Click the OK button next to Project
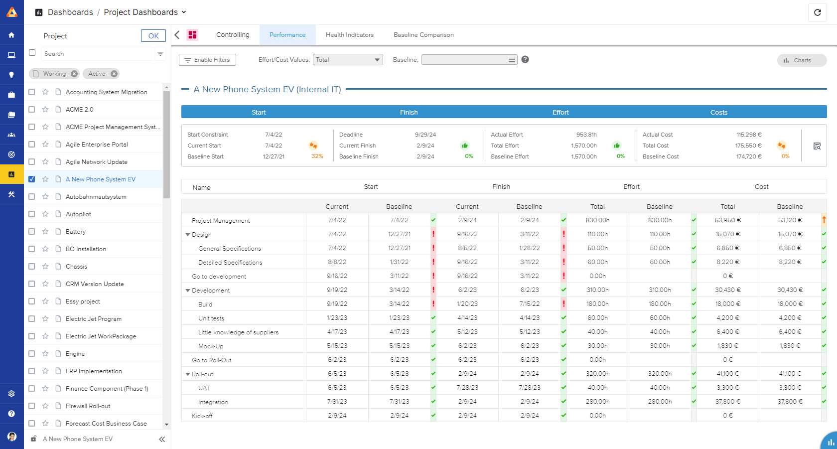click(x=153, y=36)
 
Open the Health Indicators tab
click(x=349, y=35)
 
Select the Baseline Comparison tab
click(x=423, y=35)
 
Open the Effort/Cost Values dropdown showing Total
click(x=348, y=60)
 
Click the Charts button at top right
click(x=802, y=60)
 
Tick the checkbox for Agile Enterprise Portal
click(x=32, y=145)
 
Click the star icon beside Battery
click(x=45, y=232)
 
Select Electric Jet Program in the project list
click(x=94, y=319)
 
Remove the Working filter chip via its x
click(x=74, y=74)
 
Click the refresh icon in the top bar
click(x=817, y=12)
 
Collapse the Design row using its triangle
click(x=188, y=235)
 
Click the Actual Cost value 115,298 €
click(x=749, y=135)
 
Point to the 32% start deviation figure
click(x=317, y=156)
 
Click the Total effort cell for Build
click(x=597, y=304)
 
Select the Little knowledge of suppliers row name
click(x=238, y=332)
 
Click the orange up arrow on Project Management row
click(x=824, y=220)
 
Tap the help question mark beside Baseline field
click(x=525, y=59)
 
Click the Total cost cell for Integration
click(x=728, y=402)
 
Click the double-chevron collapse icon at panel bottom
click(x=162, y=439)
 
